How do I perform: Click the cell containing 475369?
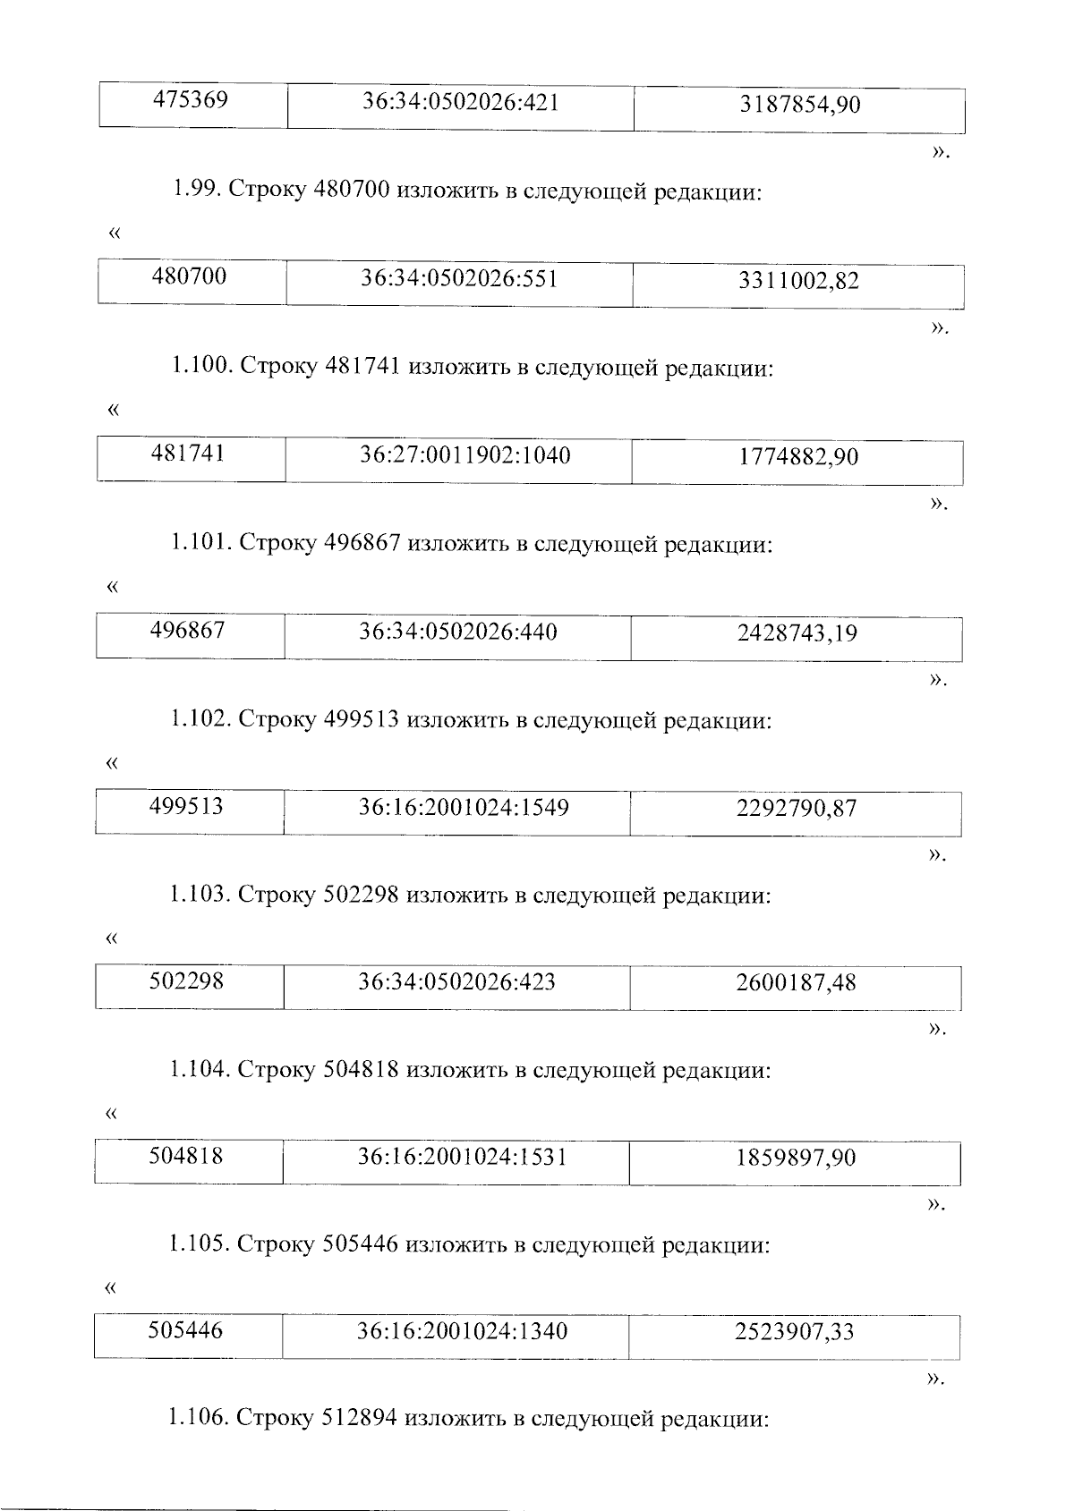pyautogui.click(x=192, y=100)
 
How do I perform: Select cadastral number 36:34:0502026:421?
pyautogui.click(x=460, y=103)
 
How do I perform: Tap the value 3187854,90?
pyautogui.click(x=799, y=106)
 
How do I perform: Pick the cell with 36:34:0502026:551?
pyautogui.click(x=459, y=279)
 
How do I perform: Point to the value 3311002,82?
pyautogui.click(x=798, y=282)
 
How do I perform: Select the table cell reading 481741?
pyautogui.click(x=189, y=454)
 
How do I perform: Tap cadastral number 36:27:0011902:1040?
pyautogui.click(x=465, y=456)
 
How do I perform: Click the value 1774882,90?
pyautogui.click(x=797, y=458)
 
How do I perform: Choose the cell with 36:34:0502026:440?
pyautogui.click(x=457, y=632)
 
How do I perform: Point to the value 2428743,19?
pyautogui.click(x=797, y=634)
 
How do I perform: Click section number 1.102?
pyautogui.click(x=200, y=720)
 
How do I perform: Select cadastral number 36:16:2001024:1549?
pyautogui.click(x=464, y=808)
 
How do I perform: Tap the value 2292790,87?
pyautogui.click(x=796, y=810)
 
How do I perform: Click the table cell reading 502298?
pyautogui.click(x=187, y=982)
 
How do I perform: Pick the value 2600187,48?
pyautogui.click(x=796, y=984)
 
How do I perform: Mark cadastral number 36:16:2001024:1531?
pyautogui.click(x=462, y=1158)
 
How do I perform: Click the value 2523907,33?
pyautogui.click(x=795, y=1333)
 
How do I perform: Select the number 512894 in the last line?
pyautogui.click(x=359, y=1420)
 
